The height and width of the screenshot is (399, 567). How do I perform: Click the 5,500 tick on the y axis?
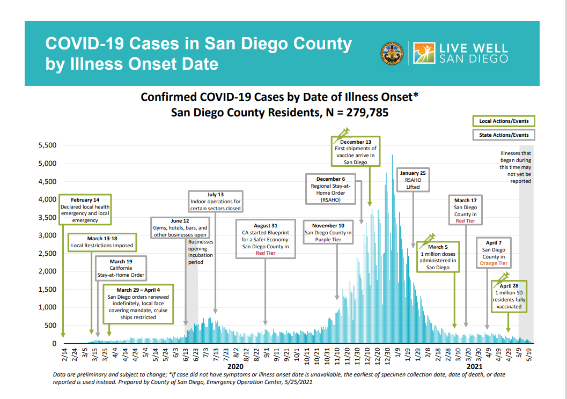point(46,145)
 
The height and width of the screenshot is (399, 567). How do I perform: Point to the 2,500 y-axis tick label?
point(46,253)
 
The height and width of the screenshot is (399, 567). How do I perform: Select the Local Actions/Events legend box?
point(504,121)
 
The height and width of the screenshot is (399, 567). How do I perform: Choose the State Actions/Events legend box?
point(504,135)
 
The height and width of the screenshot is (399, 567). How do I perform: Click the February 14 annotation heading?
point(85,199)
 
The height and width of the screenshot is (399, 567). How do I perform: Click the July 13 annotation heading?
point(215,195)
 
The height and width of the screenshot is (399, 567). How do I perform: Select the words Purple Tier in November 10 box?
point(328,240)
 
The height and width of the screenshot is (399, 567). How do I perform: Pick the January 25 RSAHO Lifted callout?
point(413,180)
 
